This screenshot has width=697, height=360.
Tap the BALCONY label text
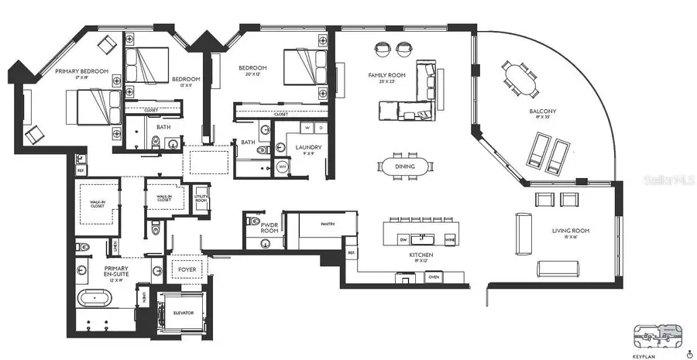[543, 111]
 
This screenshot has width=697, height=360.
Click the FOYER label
[188, 270]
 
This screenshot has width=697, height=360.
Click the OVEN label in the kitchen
[434, 276]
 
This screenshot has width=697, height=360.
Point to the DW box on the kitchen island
[403, 240]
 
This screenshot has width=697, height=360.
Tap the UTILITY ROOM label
[201, 198]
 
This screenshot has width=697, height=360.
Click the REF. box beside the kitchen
[351, 253]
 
